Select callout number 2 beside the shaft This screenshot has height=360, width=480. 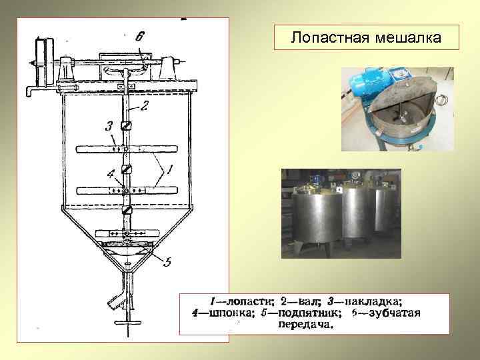pos(144,105)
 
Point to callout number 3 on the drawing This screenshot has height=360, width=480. pos(108,125)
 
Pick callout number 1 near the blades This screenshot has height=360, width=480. pos(171,171)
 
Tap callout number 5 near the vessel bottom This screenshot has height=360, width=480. pos(167,262)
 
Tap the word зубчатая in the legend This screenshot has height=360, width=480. pos(393,313)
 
